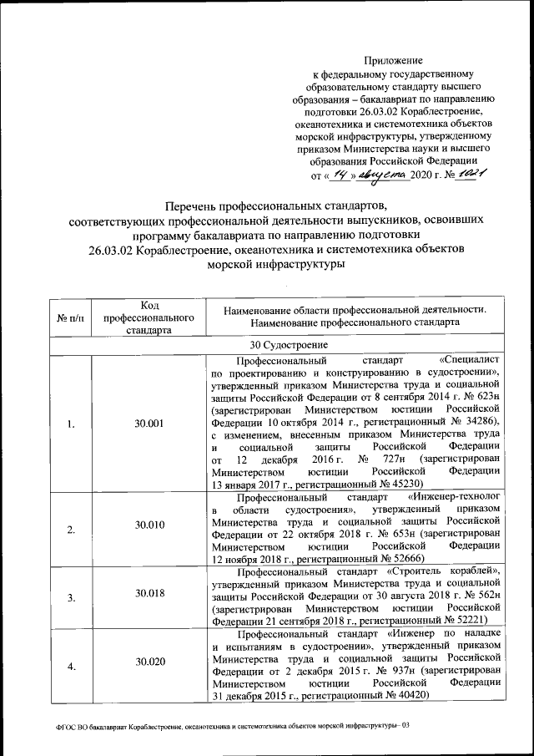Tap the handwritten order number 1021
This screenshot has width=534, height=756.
pos(469,174)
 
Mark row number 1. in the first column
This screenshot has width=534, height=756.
pos(71,424)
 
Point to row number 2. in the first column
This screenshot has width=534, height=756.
pos(71,529)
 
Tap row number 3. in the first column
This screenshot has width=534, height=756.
pos(71,596)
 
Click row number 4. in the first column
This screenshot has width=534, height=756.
pos(71,665)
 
